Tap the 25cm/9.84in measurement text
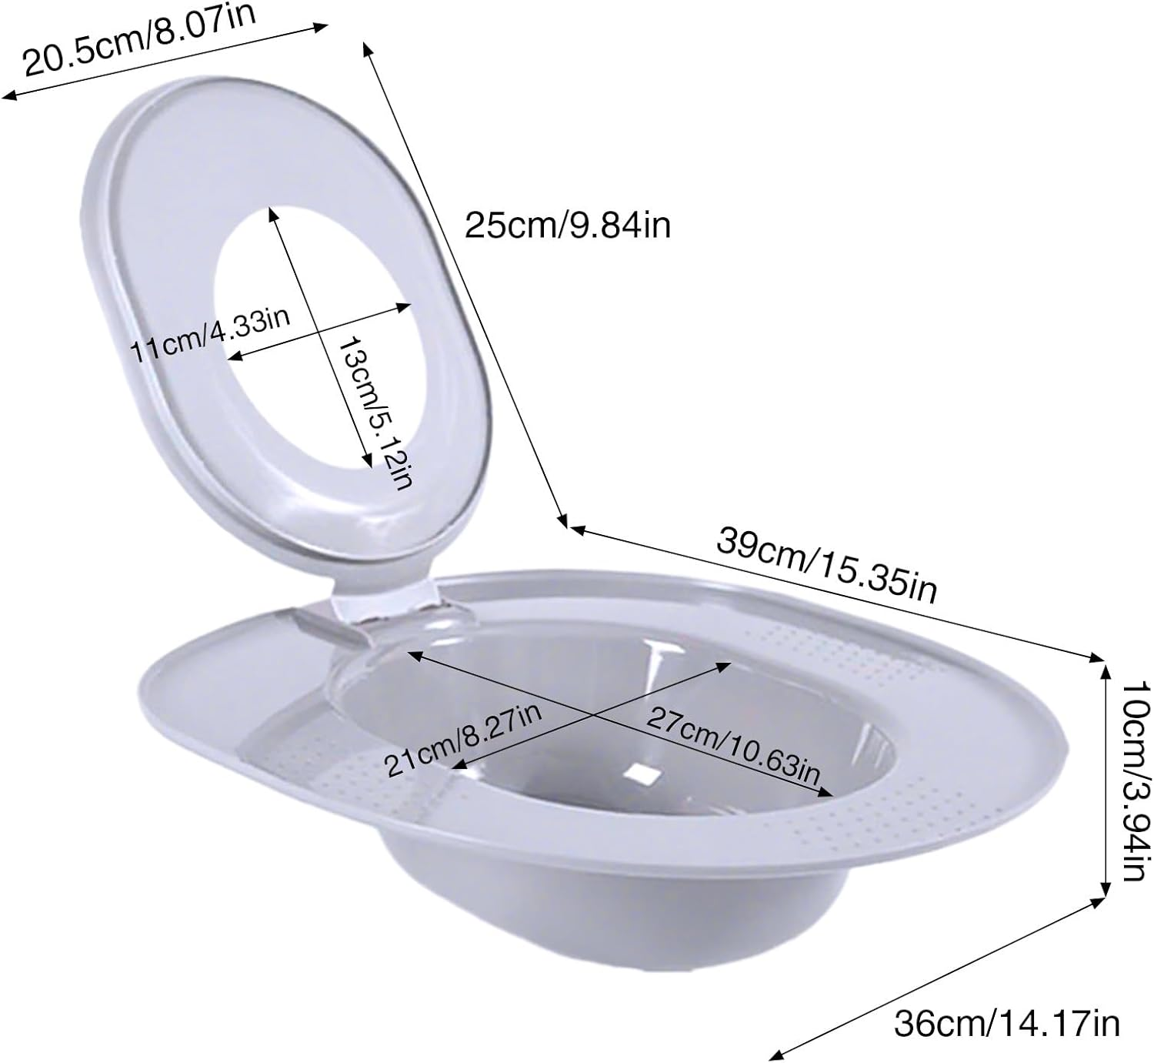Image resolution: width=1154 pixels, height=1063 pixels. pos(568,226)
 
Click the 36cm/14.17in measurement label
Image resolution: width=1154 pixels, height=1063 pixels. pos(1006,1023)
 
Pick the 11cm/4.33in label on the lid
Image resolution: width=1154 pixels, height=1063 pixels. pos(210,334)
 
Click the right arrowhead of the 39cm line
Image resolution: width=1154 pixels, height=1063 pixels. pos(1099,657)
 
